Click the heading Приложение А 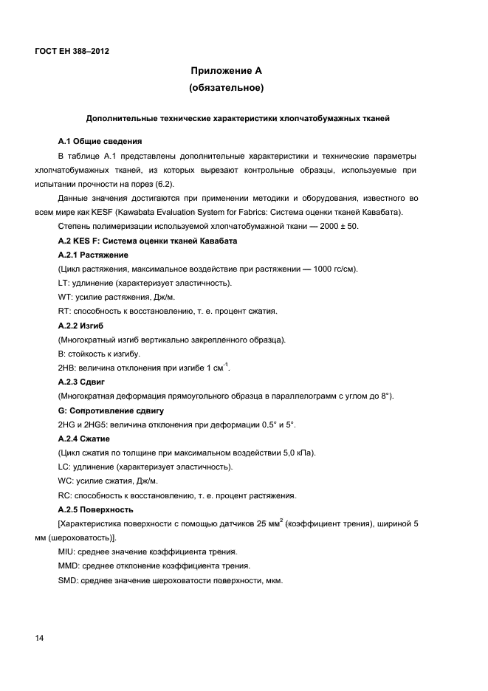click(x=227, y=72)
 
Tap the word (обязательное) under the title click(x=227, y=89)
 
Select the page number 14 click(x=39, y=639)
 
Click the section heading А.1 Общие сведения click(x=100, y=140)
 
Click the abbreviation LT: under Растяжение click(x=63, y=283)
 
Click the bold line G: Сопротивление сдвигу click(x=111, y=410)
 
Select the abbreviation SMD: click(x=68, y=581)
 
